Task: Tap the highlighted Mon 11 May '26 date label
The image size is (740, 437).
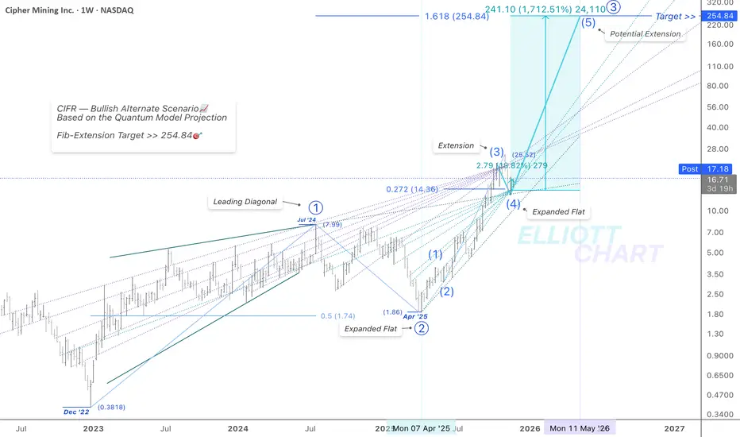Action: (x=580, y=428)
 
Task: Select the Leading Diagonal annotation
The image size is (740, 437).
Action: (x=245, y=202)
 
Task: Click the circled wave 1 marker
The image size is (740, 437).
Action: (x=316, y=207)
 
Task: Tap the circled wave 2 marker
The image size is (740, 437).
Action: (x=422, y=327)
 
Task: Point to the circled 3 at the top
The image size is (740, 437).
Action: (x=614, y=7)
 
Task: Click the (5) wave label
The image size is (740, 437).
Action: (x=588, y=23)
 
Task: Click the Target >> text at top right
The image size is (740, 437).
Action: (x=674, y=16)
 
